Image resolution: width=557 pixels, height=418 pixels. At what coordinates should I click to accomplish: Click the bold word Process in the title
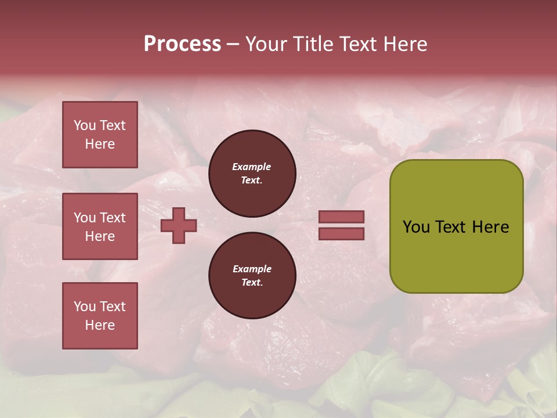(x=182, y=44)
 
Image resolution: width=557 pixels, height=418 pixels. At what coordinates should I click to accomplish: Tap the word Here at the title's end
(x=405, y=44)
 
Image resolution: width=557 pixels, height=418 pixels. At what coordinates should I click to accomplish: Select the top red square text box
(x=100, y=135)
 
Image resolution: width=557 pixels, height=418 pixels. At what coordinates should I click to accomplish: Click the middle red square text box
(x=100, y=226)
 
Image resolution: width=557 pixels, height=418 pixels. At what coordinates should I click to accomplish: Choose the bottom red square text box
(x=100, y=316)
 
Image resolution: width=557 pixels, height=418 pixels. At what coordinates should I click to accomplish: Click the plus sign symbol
(x=179, y=225)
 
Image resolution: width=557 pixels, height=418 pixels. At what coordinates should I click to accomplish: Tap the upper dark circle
(x=252, y=173)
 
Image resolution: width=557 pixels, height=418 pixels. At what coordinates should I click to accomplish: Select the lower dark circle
(x=252, y=275)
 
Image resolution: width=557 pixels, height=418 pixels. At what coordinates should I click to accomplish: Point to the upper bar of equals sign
(x=341, y=217)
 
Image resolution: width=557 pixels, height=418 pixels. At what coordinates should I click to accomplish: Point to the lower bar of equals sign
(x=341, y=233)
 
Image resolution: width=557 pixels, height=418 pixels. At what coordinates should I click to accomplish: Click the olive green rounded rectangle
(x=456, y=255)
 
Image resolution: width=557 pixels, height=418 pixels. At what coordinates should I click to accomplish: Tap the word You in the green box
(x=416, y=227)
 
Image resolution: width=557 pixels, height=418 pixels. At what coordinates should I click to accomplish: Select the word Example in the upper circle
(x=252, y=167)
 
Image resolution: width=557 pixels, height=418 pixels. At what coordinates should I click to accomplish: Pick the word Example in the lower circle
(x=252, y=269)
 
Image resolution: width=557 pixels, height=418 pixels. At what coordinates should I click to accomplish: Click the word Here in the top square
(x=100, y=144)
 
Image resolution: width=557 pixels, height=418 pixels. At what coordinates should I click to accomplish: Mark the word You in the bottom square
(x=85, y=307)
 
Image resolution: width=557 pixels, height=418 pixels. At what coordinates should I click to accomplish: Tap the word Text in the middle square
(x=113, y=218)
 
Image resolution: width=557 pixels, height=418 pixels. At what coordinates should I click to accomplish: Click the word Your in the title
(x=266, y=44)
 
